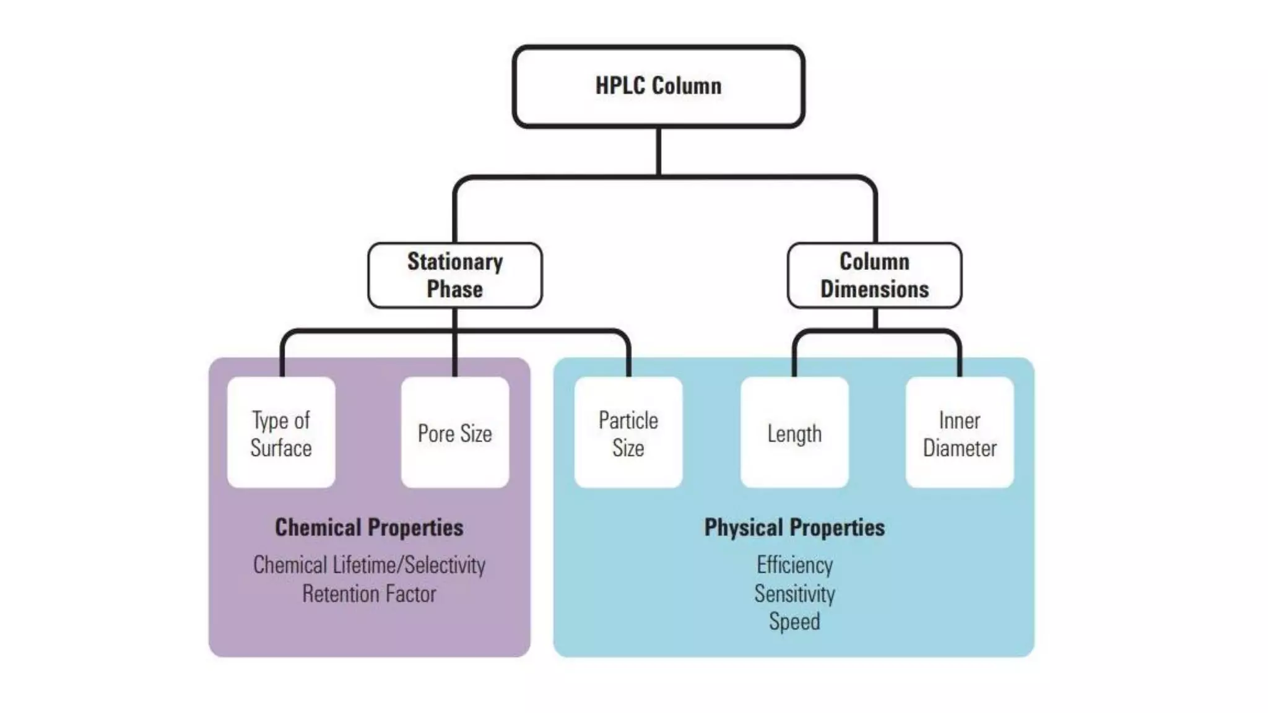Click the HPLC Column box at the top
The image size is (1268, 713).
click(x=658, y=86)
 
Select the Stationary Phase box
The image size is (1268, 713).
click(x=455, y=275)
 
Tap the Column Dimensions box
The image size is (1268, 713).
click(x=874, y=275)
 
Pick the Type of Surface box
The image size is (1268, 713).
click(x=281, y=433)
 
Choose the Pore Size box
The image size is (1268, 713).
click(x=455, y=433)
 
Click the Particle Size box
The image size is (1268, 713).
click(x=628, y=433)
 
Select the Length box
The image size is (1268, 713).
click(x=794, y=433)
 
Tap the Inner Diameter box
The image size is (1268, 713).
click(x=960, y=433)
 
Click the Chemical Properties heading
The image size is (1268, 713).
click(x=369, y=527)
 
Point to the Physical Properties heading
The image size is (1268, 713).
click(x=794, y=527)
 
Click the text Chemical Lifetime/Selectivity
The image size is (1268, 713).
click(x=369, y=564)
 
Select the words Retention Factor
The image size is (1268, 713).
click(x=369, y=594)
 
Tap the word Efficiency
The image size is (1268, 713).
click(x=794, y=564)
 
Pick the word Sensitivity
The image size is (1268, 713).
click(x=794, y=594)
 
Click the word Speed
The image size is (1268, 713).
click(x=794, y=621)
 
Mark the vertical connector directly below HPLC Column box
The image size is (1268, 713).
click(x=658, y=151)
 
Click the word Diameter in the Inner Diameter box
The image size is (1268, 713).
click(x=960, y=448)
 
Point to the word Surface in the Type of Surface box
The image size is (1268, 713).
click(x=281, y=448)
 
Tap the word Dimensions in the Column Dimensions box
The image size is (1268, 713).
click(x=874, y=289)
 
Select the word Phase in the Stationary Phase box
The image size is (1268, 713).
click(x=455, y=289)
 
